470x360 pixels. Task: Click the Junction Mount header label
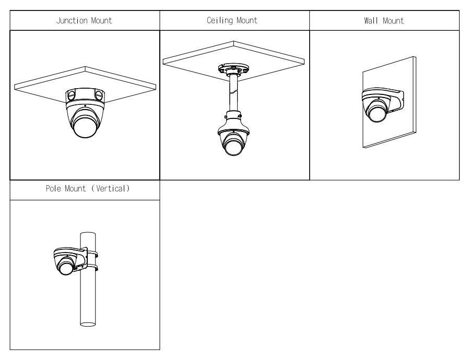85,21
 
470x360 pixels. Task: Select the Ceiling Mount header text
234,21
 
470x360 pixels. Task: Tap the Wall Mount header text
385,21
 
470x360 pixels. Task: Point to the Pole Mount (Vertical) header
85,190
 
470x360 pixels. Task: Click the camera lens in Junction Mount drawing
84,127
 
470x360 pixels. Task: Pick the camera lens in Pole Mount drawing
66,267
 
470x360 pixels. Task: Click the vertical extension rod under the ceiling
233,94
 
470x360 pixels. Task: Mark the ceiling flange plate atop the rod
233,69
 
